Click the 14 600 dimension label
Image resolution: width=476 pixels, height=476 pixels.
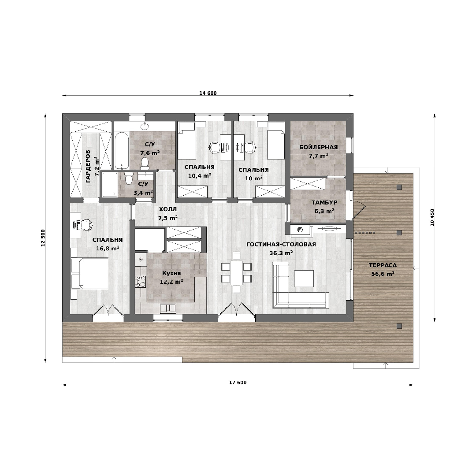[208, 93]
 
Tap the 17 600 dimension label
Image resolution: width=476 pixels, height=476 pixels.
[238, 383]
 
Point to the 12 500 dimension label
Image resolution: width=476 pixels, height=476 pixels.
[43, 238]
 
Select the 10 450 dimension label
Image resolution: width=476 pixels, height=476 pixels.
[432, 217]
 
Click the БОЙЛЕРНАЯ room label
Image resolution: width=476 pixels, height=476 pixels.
[319, 147]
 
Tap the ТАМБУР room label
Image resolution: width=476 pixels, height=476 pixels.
[324, 202]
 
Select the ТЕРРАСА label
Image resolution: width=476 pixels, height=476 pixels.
[383, 265]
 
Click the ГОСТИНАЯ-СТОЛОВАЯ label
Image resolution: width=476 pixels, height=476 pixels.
[281, 244]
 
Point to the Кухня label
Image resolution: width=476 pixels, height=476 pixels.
[171, 273]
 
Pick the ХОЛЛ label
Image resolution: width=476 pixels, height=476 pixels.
[168, 209]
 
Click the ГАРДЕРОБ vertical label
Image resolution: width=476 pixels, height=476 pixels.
[88, 166]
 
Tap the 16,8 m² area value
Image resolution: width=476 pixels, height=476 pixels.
[108, 248]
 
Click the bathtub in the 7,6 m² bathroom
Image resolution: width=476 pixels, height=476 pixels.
[122, 150]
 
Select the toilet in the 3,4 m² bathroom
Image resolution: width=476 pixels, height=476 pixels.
[129, 178]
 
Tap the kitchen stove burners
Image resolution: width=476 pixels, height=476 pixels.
[141, 281]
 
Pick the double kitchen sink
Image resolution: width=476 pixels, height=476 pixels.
[168, 309]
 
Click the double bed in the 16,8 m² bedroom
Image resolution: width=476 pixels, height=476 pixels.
[90, 274]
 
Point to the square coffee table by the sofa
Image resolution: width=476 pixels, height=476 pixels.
[304, 279]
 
